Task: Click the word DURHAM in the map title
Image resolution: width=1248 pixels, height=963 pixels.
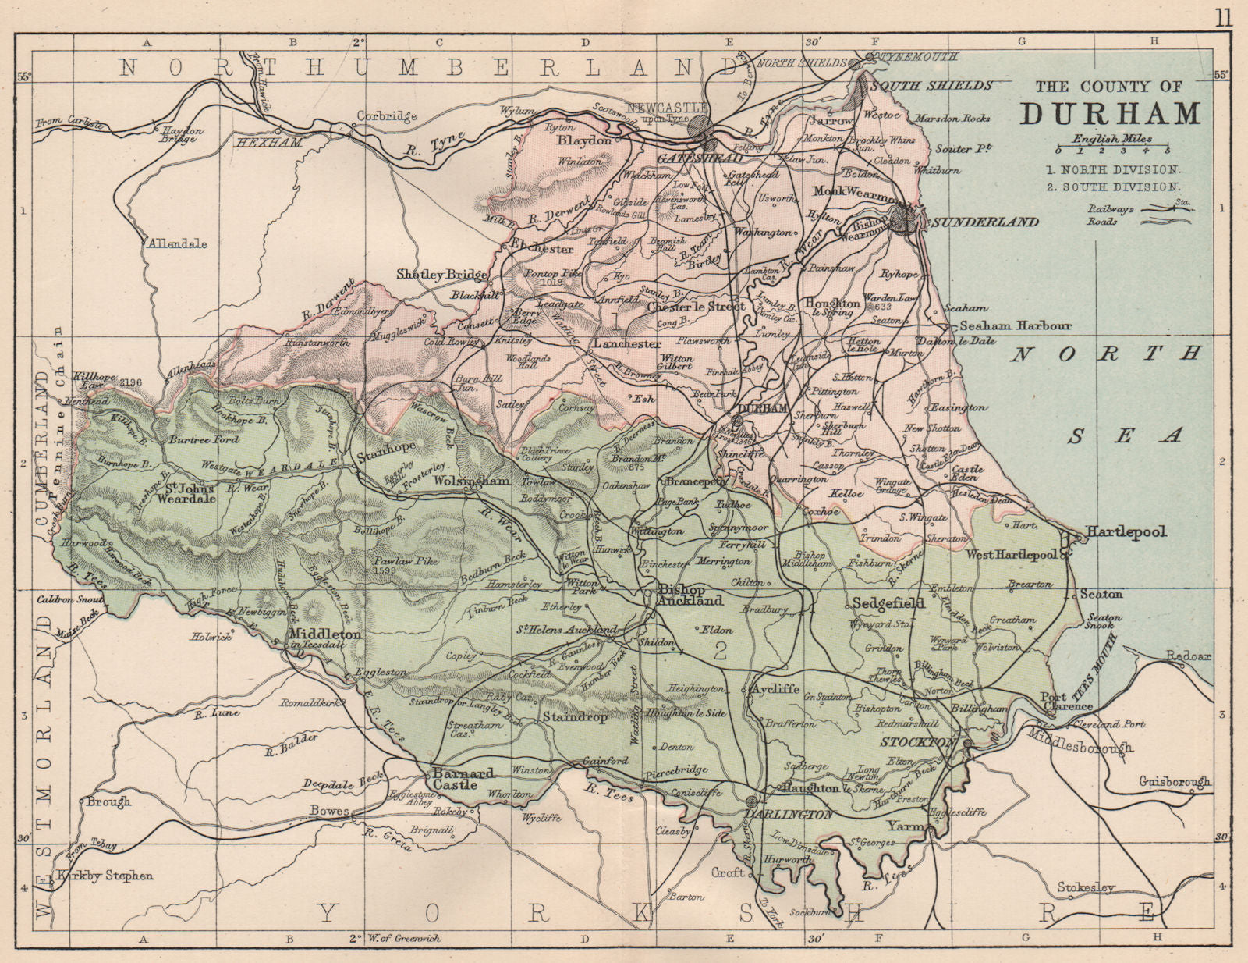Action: coord(1111,113)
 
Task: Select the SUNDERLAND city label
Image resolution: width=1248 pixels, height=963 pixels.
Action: coord(985,222)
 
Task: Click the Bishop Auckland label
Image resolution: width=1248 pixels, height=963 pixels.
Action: coord(690,595)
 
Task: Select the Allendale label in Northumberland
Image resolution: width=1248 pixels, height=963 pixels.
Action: coord(176,243)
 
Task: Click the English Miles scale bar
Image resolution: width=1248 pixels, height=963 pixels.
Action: coord(1113,147)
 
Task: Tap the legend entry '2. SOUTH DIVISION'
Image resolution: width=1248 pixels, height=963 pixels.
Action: coord(1113,187)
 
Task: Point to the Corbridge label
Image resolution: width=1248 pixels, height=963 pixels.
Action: coord(387,116)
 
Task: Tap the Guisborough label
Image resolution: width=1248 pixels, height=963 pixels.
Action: coord(1174,781)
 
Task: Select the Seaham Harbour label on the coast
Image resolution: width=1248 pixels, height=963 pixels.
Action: coord(1016,325)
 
